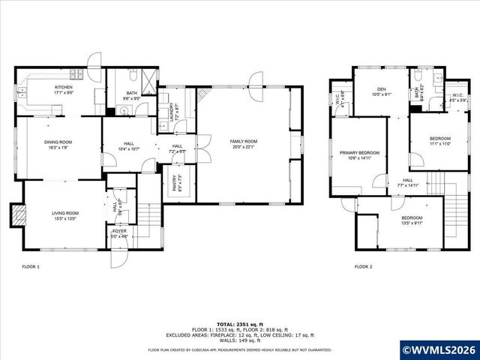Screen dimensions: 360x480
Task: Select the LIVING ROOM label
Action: pos(64,216)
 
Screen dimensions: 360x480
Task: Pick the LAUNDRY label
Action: pos(174,112)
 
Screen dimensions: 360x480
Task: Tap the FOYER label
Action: pos(120,233)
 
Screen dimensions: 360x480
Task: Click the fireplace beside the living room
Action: pos(18,215)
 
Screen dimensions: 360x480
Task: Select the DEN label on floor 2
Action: pos(381,91)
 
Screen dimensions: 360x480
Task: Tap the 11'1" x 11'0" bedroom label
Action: pos(439,140)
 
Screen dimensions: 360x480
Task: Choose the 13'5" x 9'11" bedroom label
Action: pos(412,220)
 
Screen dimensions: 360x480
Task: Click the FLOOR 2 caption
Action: pos(363,266)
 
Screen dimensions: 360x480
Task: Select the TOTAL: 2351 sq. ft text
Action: pos(239,324)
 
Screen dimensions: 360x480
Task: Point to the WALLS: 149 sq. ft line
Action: pos(239,340)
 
